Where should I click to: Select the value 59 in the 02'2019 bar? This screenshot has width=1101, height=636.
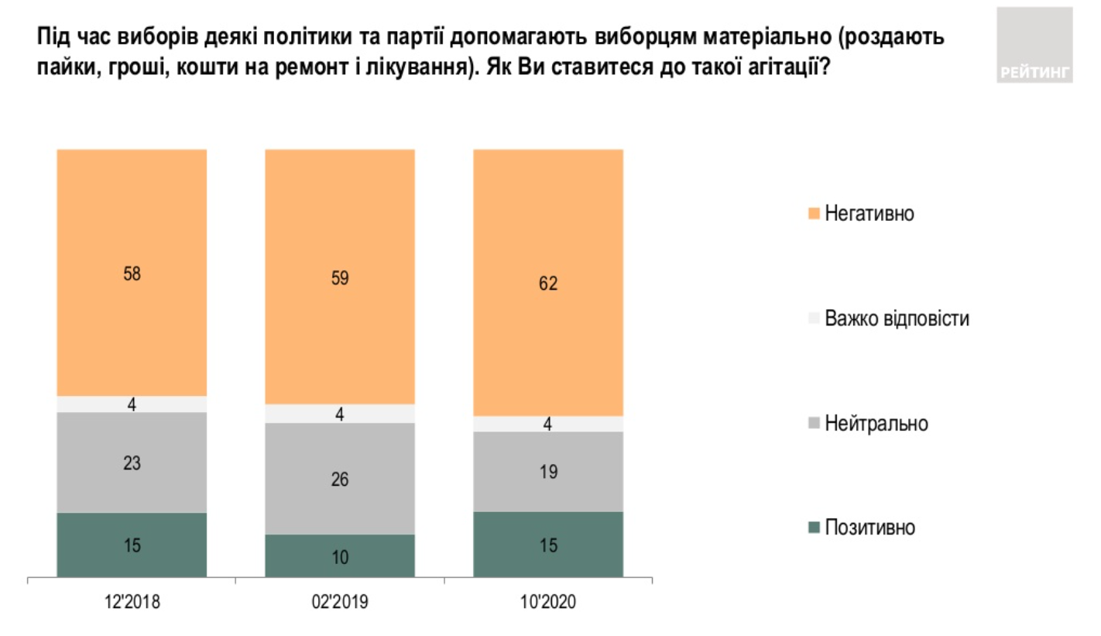click(x=340, y=279)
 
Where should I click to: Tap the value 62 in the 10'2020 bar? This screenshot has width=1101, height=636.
click(x=548, y=284)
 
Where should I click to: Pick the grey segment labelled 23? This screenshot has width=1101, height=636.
click(x=132, y=462)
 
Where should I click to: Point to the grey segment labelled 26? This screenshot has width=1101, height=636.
click(x=340, y=479)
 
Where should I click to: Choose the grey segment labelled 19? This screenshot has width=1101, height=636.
click(x=548, y=472)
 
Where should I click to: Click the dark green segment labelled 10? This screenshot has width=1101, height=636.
click(x=340, y=556)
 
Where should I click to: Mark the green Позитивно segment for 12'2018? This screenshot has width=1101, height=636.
click(x=132, y=545)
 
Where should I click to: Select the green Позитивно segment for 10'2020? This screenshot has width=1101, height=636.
click(x=548, y=545)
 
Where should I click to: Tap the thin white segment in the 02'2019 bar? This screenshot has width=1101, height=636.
click(x=340, y=414)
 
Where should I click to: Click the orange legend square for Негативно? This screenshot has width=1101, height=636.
click(x=812, y=213)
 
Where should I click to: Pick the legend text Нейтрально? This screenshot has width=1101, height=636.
click(x=876, y=424)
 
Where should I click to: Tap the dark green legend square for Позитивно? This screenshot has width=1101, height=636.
click(x=812, y=528)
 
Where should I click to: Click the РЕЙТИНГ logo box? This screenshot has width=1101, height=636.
click(x=1034, y=46)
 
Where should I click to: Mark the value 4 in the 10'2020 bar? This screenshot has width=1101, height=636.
click(x=548, y=425)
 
